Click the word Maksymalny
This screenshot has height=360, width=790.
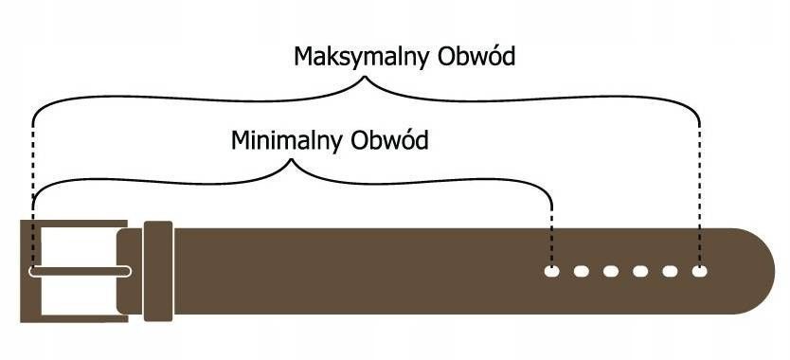[349, 58]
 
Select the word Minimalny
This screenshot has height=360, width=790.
[286, 142]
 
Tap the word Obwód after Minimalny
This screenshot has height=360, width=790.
[389, 141]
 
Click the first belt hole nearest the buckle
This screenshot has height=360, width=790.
[551, 272]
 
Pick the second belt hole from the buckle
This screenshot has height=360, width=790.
[581, 272]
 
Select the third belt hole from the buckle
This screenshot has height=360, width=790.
[611, 272]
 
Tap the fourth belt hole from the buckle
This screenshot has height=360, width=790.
[640, 272]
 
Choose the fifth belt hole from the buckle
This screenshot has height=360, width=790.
[670, 272]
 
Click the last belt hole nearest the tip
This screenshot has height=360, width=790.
[699, 272]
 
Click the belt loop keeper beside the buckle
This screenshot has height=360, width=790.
[157, 272]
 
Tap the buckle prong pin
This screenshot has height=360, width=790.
[81, 272]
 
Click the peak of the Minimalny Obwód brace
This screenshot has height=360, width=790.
[291, 162]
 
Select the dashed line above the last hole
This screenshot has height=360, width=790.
[699, 189]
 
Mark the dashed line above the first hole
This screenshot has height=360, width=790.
[551, 227]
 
